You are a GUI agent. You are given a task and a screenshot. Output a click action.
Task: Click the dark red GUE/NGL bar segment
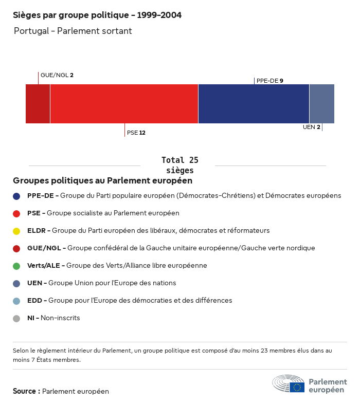coord(38,103)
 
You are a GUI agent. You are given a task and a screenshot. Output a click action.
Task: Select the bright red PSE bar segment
coord(124,103)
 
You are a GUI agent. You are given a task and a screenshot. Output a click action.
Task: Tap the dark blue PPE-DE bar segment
coord(254,103)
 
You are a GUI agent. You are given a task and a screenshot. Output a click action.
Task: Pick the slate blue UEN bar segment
coord(321,103)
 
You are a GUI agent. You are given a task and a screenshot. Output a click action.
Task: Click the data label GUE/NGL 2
coord(57,75)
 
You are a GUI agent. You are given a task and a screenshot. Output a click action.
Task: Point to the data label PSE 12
coord(136,133)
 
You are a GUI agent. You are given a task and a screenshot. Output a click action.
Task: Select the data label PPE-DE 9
coord(270,81)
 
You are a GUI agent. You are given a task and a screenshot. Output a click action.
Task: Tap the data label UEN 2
coord(312,127)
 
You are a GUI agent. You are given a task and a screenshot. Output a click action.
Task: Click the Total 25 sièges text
coord(179,165)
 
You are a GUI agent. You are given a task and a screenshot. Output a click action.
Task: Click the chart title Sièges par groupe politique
coord(97,15)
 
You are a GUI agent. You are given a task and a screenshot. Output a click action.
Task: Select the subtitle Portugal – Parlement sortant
coord(73,31)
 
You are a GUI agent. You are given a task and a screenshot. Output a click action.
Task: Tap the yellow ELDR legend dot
coord(16,231)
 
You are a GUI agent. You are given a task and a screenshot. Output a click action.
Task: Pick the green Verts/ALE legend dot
coord(16,266)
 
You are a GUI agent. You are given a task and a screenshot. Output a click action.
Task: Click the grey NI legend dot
coord(16,318)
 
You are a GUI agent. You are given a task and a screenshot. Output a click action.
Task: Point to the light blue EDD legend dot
coord(16,301)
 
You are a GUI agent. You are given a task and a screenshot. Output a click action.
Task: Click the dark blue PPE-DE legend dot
coord(16,196)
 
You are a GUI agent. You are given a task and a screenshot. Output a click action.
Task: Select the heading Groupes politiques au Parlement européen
coord(103,180)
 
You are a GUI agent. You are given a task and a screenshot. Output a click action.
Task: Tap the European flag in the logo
coord(297,387)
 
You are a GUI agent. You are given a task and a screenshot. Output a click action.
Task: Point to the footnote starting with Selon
coord(172,355)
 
